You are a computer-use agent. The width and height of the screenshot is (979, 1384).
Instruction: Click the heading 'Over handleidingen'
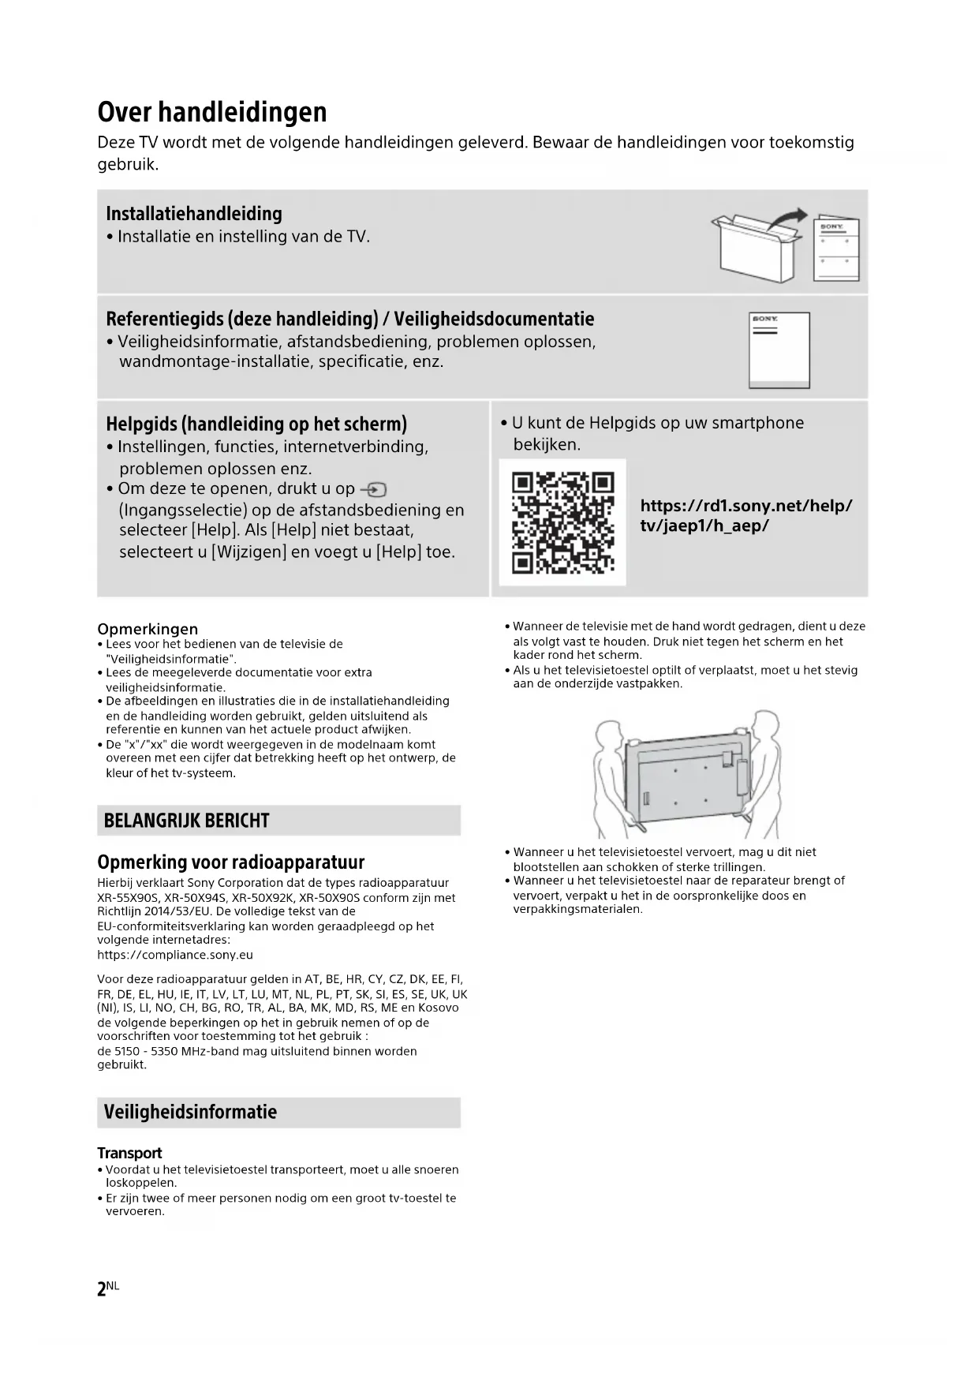click(211, 112)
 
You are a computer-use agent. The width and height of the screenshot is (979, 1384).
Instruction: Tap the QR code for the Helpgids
click(562, 522)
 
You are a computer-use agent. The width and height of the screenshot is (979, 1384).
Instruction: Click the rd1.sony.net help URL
click(745, 516)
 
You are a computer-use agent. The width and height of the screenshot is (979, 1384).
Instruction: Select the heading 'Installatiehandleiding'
click(193, 214)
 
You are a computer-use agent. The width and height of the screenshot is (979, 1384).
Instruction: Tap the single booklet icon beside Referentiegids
click(779, 350)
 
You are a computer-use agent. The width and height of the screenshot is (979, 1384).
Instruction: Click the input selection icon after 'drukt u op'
click(373, 489)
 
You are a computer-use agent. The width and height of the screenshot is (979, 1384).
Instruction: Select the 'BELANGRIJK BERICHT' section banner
click(278, 821)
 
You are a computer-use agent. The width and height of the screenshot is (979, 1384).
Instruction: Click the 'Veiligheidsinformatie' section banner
click(278, 1112)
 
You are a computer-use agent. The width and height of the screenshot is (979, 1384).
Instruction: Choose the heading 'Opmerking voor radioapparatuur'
click(230, 862)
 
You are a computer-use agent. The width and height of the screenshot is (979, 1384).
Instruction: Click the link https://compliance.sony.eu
click(175, 955)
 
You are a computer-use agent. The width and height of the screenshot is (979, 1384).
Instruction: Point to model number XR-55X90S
click(129, 898)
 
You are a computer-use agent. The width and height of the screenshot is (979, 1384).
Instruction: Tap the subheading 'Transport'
click(129, 1153)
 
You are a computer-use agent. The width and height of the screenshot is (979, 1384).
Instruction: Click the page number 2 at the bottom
click(102, 1289)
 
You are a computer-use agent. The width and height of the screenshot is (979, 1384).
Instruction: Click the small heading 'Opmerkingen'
click(148, 629)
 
